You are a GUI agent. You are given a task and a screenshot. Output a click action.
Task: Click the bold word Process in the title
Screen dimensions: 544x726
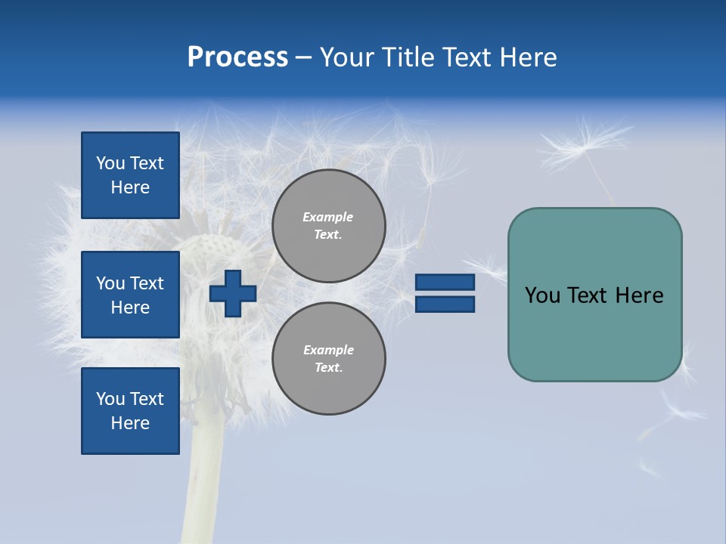[x=237, y=57]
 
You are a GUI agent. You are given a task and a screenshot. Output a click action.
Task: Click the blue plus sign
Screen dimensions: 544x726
[x=233, y=293]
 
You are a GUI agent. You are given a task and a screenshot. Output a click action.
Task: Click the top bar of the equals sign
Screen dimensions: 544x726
[x=445, y=283]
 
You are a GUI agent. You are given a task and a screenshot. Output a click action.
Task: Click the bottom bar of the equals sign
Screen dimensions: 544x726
[x=445, y=304]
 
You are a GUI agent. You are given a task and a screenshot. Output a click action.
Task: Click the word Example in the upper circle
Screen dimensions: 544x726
[x=327, y=217]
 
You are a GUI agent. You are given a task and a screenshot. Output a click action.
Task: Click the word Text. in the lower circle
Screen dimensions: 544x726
[x=328, y=368]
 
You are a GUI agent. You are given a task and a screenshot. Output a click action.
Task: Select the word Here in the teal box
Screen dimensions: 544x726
[x=639, y=295]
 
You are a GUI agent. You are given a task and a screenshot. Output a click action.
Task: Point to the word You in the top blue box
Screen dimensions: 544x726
[x=110, y=163]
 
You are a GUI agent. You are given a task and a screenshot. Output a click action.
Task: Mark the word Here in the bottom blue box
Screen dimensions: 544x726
[x=130, y=423]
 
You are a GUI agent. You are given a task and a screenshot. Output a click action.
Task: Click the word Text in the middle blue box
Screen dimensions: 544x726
[x=147, y=283]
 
